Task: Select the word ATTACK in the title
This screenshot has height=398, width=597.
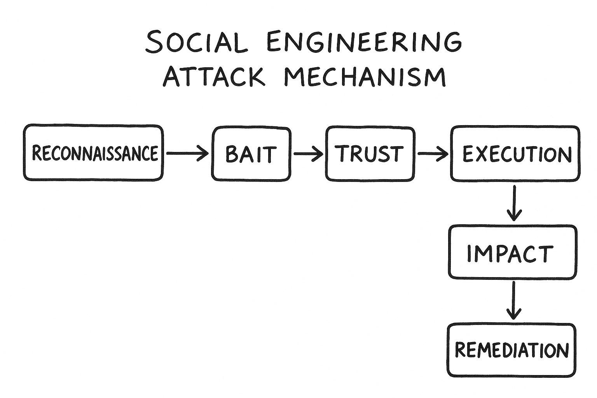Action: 214,77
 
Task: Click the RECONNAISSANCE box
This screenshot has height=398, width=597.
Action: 93,153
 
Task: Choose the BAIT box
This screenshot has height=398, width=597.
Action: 251,154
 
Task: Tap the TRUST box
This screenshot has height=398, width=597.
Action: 370,154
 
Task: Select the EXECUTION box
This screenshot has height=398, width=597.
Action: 515,154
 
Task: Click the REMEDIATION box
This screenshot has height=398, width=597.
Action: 511,350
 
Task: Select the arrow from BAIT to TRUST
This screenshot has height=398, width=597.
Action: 308,154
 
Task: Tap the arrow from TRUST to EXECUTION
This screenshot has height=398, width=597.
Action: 433,154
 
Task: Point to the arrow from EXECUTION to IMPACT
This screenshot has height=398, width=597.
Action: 514,203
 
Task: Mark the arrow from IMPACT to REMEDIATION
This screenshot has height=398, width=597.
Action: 514,300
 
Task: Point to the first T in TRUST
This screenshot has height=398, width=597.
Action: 342,153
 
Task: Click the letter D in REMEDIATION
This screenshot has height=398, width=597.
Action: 508,350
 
